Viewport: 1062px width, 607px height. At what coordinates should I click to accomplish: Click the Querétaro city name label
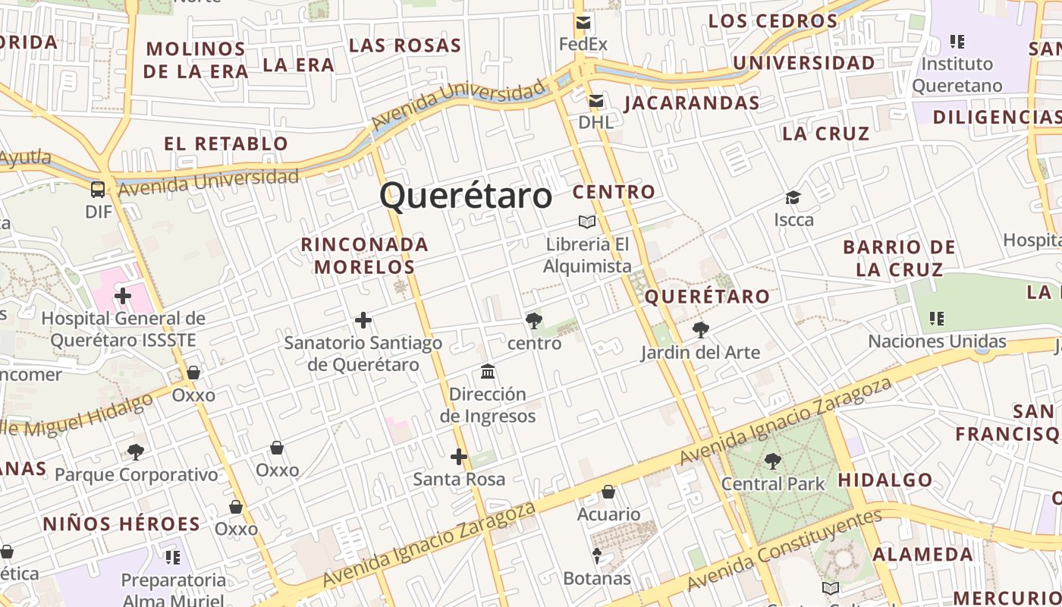coord(466,196)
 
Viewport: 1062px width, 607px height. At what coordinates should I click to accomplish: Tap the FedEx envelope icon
coord(583,23)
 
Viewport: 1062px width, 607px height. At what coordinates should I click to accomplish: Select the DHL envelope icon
coord(596,100)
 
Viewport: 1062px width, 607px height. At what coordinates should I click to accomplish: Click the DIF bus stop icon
coord(98,189)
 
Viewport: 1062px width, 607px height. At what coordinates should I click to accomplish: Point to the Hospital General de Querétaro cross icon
coord(123,295)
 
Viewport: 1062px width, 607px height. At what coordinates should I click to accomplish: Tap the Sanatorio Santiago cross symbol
coord(363,320)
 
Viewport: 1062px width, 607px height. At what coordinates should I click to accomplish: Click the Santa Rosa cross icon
coord(458,457)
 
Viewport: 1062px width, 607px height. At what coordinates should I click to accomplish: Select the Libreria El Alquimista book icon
coord(586,222)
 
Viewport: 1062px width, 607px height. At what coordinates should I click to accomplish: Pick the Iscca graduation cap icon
coord(793,198)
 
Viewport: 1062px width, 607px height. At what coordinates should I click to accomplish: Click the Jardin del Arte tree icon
coord(700,330)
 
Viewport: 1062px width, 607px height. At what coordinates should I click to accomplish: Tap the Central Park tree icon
coord(772,461)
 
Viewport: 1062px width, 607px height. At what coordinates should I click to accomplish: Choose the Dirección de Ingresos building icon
coord(488,372)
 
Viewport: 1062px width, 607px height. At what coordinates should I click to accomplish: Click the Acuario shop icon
coord(608,492)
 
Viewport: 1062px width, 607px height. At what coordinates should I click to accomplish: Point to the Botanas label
coord(597,578)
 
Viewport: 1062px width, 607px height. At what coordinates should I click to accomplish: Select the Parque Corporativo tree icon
coord(136,452)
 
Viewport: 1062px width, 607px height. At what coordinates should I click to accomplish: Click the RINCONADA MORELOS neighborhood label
coord(365,256)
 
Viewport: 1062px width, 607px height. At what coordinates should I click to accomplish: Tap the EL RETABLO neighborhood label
coord(226,143)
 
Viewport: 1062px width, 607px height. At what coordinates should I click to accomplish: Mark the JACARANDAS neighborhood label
coord(692,102)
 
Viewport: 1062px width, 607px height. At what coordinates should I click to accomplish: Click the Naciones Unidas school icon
coord(937,319)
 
